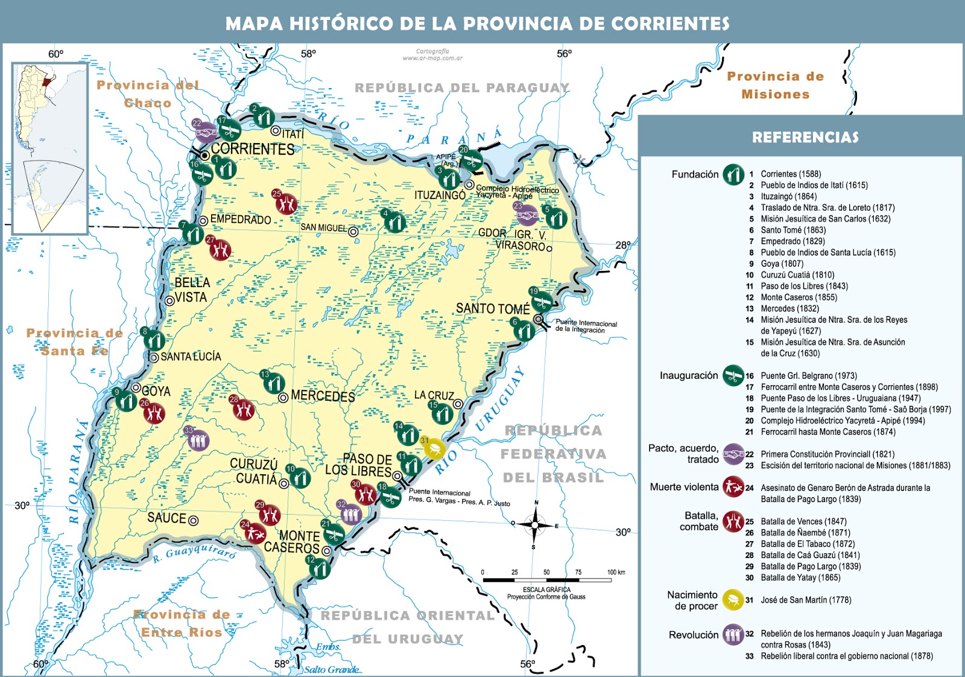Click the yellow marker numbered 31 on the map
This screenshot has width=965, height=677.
tap(435, 448)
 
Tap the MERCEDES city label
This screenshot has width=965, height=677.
tap(323, 396)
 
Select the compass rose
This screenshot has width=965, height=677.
tap(534, 525)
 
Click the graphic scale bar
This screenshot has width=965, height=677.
tap(546, 580)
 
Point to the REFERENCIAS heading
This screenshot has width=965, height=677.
tap(805, 138)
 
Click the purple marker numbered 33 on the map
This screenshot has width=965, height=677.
tap(197, 439)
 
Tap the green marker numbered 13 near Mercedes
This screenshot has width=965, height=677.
tap(274, 383)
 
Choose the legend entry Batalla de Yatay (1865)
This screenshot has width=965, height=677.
tap(800, 577)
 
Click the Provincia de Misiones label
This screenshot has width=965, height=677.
tap(775, 85)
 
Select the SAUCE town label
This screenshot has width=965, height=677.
tap(166, 518)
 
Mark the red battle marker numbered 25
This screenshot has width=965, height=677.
tap(286, 203)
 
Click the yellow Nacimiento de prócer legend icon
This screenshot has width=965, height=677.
tap(733, 600)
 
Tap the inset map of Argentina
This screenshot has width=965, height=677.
tap(50, 148)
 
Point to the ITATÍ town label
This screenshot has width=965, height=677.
tap(293, 134)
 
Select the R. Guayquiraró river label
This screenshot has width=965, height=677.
tap(194, 551)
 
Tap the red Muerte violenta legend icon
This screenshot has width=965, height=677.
tap(733, 487)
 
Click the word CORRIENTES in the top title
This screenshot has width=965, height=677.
tap(669, 24)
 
